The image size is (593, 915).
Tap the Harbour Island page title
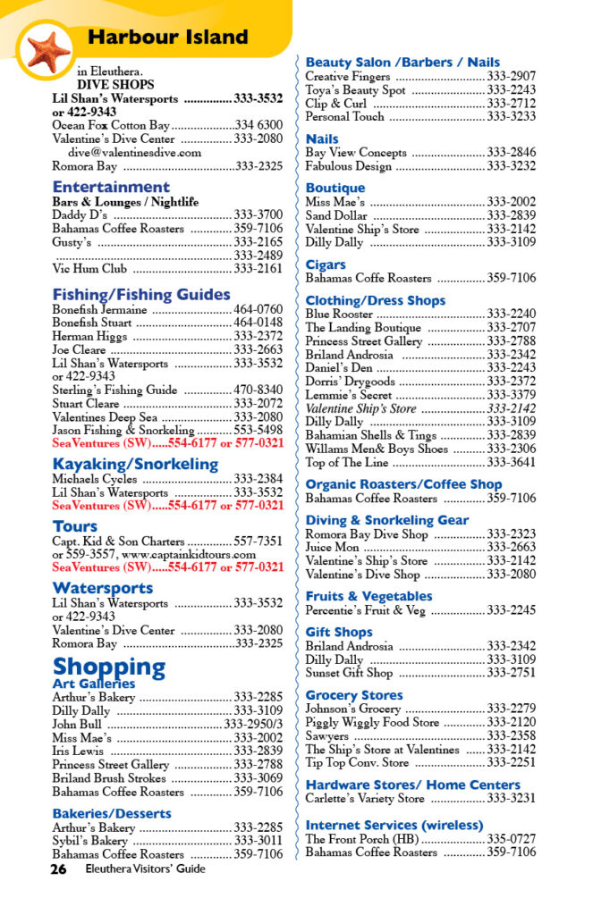pos(167,38)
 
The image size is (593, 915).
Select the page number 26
pos(60,869)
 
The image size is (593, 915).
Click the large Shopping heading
pos(108,667)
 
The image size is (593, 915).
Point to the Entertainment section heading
pos(110,187)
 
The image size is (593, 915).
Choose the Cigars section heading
pos(325,264)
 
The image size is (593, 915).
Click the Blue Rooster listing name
pos(338,315)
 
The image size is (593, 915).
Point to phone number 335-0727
pos(511,839)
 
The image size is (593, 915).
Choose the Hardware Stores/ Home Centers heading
pos(412,785)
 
